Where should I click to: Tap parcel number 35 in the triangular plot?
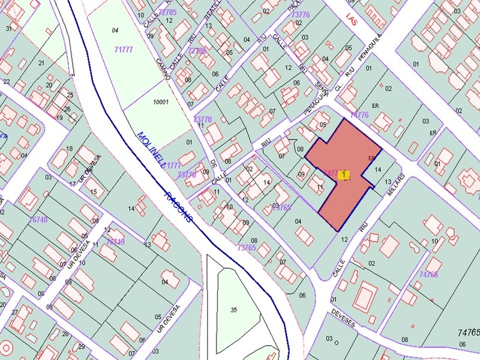click(233, 310)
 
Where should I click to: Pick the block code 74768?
click(428, 274)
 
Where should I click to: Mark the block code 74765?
click(469, 331)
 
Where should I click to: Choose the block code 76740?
click(38, 220)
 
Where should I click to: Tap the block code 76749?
click(115, 242)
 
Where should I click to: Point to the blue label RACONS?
click(179, 207)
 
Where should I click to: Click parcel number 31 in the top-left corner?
click(10, 28)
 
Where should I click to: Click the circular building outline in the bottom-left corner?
click(6, 348)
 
